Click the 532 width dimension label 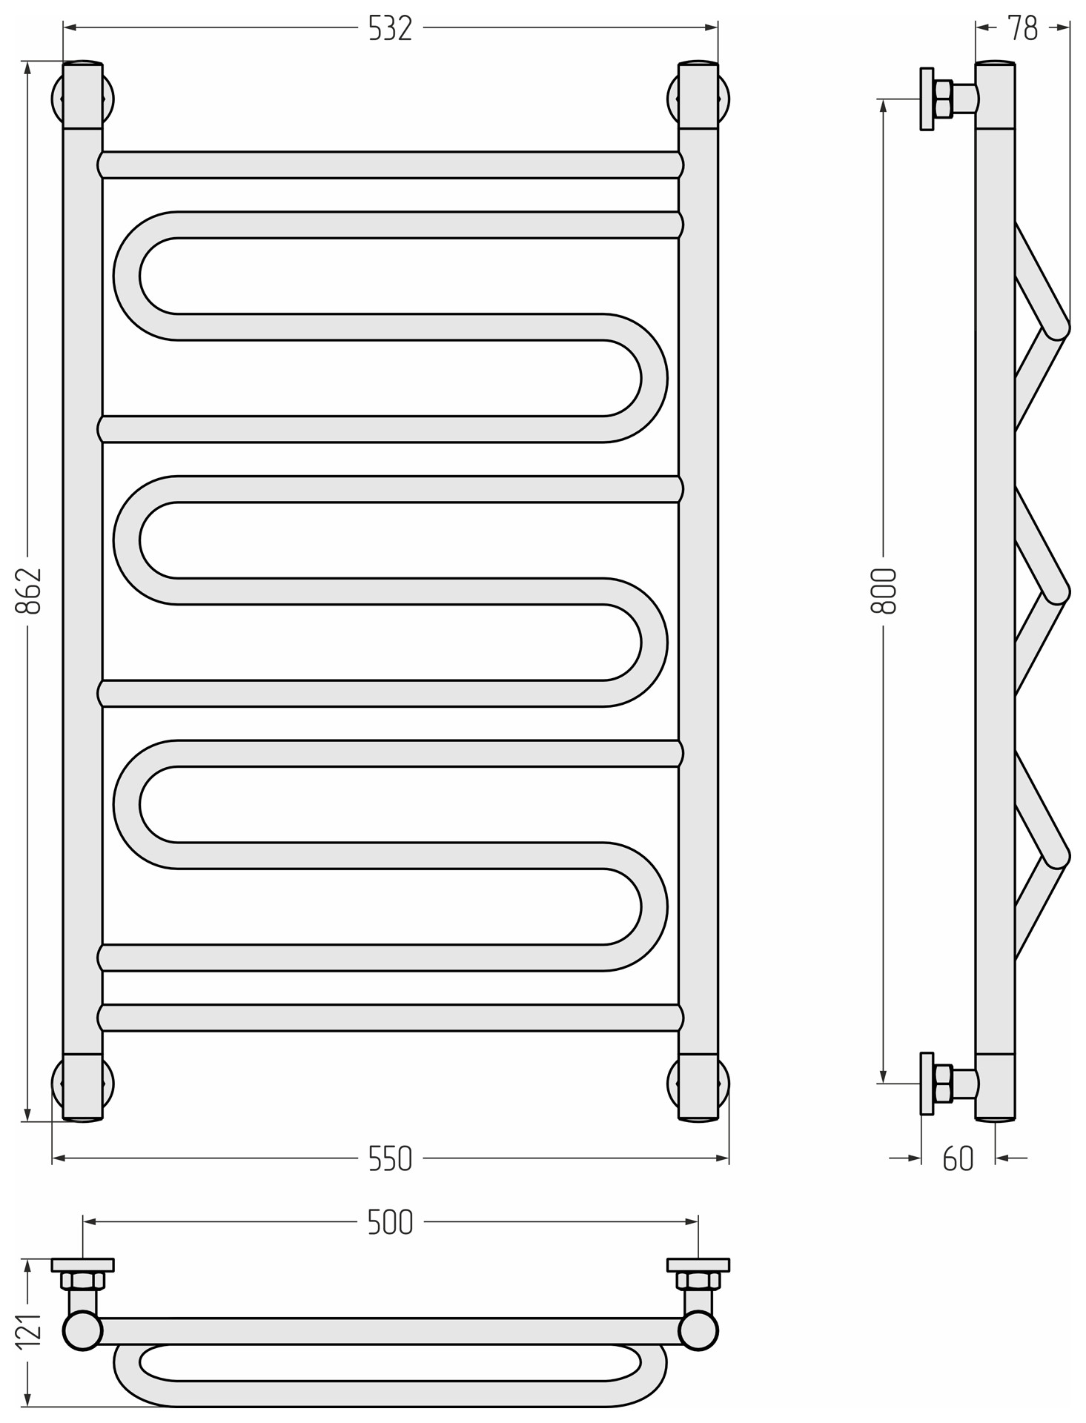click(390, 28)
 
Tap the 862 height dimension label click(28, 591)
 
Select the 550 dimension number click(390, 1158)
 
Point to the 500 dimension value click(390, 1222)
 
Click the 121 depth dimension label click(28, 1332)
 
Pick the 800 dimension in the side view click(884, 591)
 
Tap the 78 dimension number click(1022, 28)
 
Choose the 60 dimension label click(958, 1158)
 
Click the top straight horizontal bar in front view click(390, 165)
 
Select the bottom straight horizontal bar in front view click(390, 1018)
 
